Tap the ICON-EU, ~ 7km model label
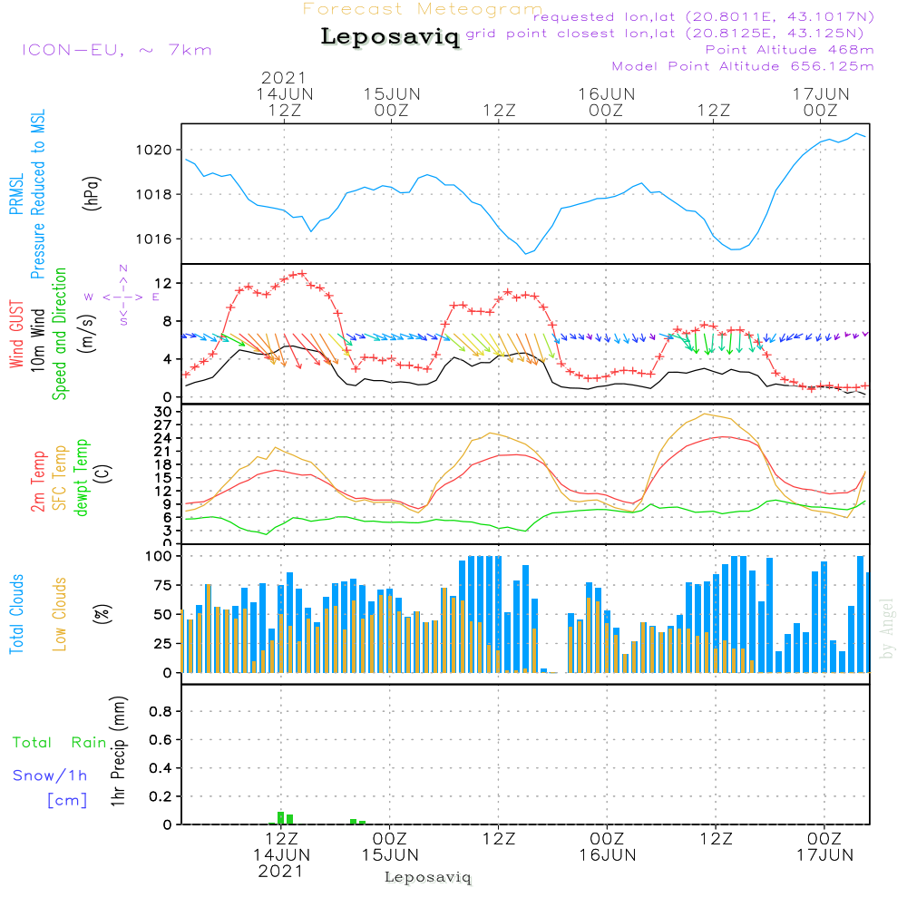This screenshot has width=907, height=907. [117, 50]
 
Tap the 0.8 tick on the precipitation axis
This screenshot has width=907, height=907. [161, 712]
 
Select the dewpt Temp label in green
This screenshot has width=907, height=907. [81, 478]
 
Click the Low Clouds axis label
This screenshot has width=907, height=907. [60, 612]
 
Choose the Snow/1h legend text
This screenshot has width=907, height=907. [51, 775]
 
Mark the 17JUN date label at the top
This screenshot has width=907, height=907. [820, 93]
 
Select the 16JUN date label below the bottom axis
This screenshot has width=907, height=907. [607, 854]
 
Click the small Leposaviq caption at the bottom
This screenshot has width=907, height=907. [428, 877]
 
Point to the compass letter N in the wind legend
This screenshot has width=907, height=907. [123, 268]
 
